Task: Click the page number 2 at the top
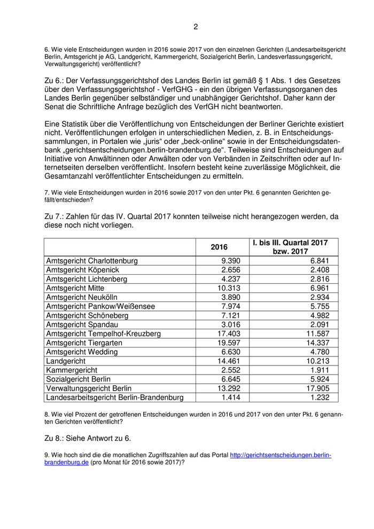(196, 27)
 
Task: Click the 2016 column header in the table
(219, 247)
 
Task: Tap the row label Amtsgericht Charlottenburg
(92, 261)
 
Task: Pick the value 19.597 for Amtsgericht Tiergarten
(228, 343)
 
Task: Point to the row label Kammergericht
(71, 370)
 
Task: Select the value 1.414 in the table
(230, 398)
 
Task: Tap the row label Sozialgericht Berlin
(79, 379)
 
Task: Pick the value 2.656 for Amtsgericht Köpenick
(230, 270)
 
